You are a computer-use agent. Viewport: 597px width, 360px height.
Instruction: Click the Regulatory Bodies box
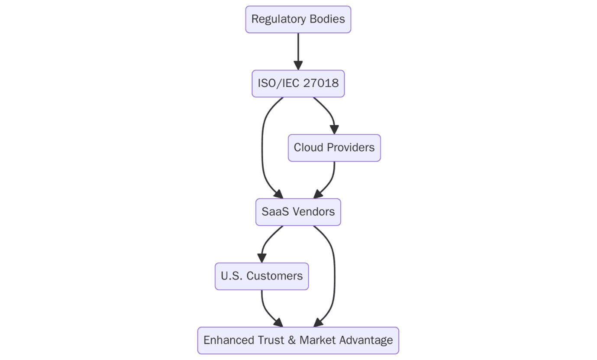(x=298, y=19)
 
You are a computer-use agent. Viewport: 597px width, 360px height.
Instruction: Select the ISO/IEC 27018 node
(x=298, y=84)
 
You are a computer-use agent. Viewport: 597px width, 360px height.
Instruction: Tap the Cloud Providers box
(x=334, y=148)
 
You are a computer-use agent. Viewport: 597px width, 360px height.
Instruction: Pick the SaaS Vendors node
(x=298, y=212)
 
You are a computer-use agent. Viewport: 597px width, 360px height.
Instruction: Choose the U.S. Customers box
(x=261, y=276)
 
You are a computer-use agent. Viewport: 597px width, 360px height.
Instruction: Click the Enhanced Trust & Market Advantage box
(x=298, y=341)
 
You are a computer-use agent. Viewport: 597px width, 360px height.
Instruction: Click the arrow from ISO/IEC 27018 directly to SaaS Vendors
(x=262, y=147)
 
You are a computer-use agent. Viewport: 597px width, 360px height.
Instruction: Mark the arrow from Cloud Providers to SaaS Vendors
(x=332, y=178)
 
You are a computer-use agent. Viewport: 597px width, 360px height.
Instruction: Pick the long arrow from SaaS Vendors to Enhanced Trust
(x=334, y=277)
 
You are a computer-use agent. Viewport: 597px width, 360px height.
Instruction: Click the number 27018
(x=321, y=84)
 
